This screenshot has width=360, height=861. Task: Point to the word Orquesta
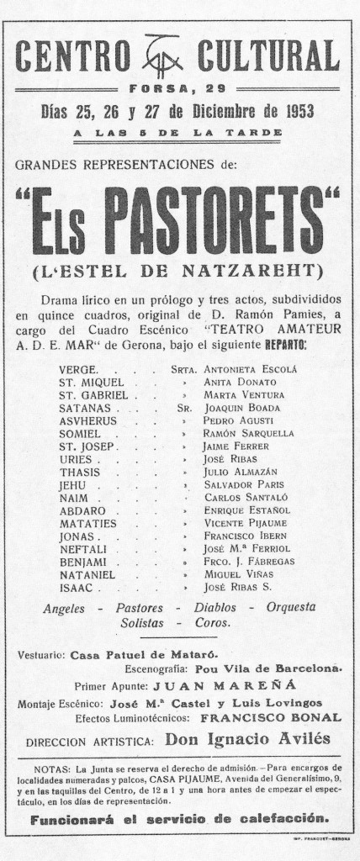(290, 607)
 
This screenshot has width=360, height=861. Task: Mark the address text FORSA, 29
(180, 90)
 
